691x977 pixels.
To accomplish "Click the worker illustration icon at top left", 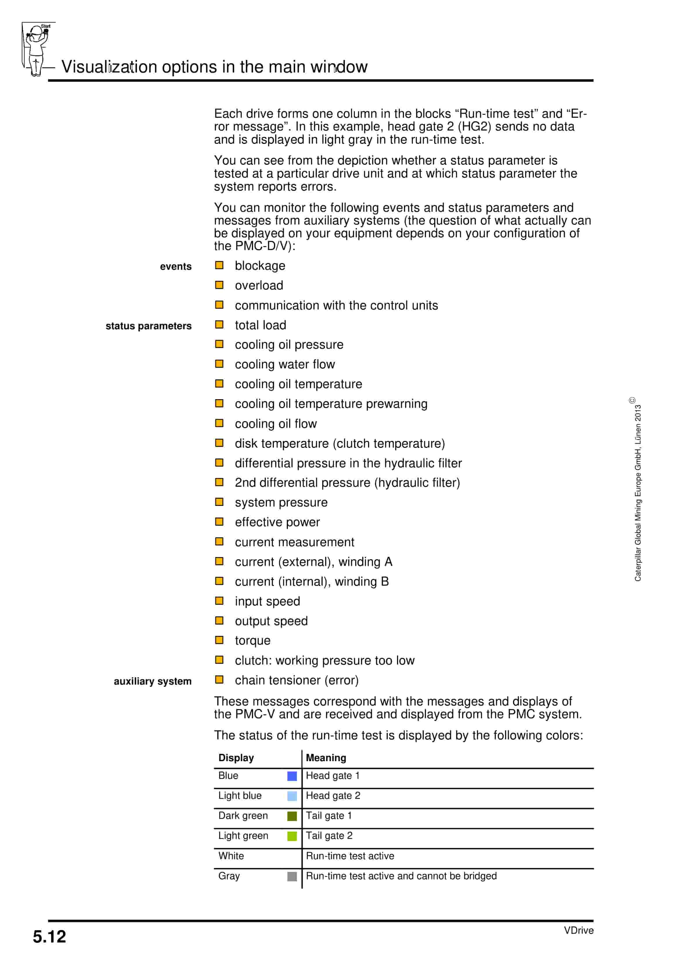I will (x=37, y=49).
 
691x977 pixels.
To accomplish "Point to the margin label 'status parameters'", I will (x=148, y=326).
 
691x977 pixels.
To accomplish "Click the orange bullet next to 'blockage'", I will (x=219, y=265).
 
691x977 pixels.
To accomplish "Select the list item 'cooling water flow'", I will (x=284, y=364).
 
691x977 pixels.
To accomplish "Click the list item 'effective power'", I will (x=277, y=522).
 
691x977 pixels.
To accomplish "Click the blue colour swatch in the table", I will (x=292, y=776).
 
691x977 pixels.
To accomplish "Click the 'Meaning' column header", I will (x=326, y=758).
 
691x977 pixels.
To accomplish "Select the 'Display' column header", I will (x=236, y=758).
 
